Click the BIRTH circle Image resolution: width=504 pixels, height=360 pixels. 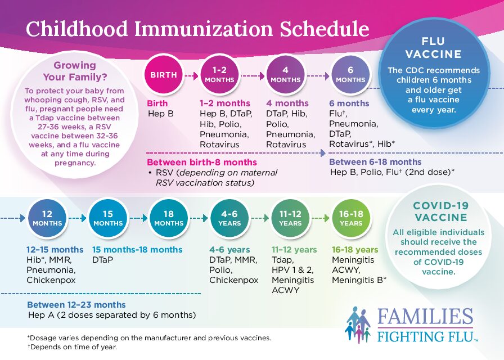(x=163, y=75)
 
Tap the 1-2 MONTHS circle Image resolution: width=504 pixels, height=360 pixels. (x=219, y=75)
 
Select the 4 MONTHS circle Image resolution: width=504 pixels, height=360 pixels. (x=285, y=75)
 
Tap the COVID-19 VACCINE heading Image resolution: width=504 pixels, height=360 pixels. (x=440, y=211)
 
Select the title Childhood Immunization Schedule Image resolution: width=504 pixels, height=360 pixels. (x=197, y=29)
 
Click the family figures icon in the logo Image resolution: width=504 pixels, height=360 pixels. (x=357, y=324)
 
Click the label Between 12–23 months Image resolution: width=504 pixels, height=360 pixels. (x=76, y=305)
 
